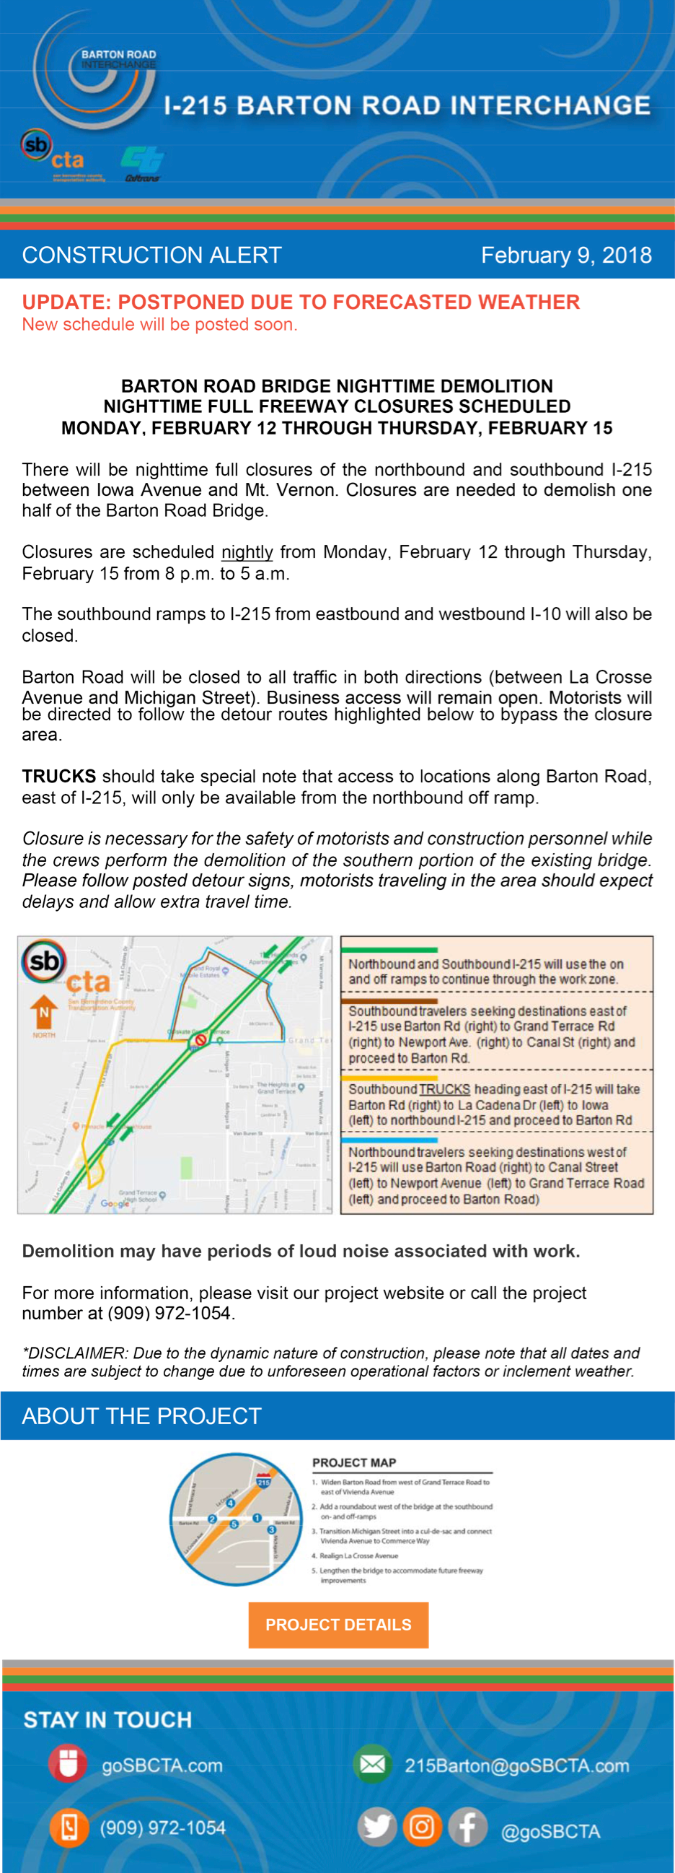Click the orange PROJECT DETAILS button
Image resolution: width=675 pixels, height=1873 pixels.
coord(338,1625)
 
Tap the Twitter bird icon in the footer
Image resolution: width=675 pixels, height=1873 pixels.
coord(376,1826)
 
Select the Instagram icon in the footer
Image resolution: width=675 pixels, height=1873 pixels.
coord(422,1826)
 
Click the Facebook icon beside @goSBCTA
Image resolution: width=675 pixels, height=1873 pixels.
coord(467,1826)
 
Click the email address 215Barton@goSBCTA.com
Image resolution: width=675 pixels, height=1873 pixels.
coord(516,1765)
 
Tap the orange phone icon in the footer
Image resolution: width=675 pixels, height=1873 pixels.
coord(69,1827)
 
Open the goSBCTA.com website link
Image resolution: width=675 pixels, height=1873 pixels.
coord(162,1765)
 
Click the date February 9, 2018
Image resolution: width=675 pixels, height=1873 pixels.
coord(566,256)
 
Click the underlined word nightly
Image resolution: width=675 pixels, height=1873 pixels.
coord(247,552)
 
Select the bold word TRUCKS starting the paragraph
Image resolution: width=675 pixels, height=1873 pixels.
coord(59,776)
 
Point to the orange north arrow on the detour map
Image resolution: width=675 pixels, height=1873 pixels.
coord(43,1011)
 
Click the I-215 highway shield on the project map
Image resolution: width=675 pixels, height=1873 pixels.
coord(263,1481)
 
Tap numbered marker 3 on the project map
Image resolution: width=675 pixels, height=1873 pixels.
coord(272,1530)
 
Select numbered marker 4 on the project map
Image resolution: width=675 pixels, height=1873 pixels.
coord(231,1503)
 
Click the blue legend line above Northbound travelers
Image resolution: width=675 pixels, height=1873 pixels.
coord(390,1140)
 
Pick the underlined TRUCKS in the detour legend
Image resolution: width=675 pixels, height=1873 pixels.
coord(444,1089)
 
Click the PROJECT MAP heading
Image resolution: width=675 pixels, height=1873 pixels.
coord(354,1462)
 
